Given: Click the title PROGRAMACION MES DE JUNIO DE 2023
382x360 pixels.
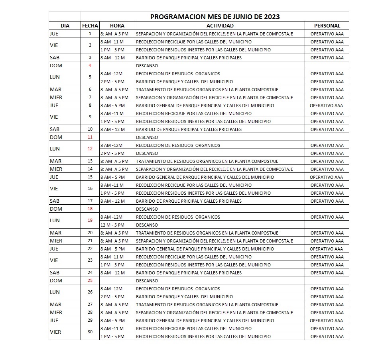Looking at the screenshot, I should (x=215, y=17).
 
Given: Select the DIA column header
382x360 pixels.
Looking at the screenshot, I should (x=65, y=25).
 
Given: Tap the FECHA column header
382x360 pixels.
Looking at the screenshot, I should (x=90, y=25).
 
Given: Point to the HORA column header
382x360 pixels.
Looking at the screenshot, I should (x=117, y=25).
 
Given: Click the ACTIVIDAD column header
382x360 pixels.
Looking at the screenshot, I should (x=220, y=25).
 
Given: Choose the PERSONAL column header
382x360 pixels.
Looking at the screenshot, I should (x=327, y=25).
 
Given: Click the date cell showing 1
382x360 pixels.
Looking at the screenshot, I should (x=90, y=33).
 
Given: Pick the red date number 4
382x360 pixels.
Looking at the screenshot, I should (x=90, y=65).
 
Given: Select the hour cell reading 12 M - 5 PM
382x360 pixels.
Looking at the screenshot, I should (x=112, y=225).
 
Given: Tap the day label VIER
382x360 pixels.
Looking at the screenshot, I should (x=55, y=332).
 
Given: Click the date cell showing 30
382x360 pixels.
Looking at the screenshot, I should (x=90, y=332).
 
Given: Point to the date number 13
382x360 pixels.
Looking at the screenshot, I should (x=90, y=161).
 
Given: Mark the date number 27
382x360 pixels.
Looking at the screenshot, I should (x=90, y=304).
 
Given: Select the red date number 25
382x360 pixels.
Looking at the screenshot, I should (x=90, y=280).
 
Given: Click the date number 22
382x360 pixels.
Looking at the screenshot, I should (x=90, y=248).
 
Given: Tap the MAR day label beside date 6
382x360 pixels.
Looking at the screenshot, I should (x=55, y=89).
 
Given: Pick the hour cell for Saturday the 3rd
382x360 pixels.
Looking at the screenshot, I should (x=112, y=58).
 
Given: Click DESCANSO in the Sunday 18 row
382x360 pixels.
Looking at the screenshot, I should (x=147, y=209).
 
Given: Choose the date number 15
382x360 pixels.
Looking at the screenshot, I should (x=90, y=177).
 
